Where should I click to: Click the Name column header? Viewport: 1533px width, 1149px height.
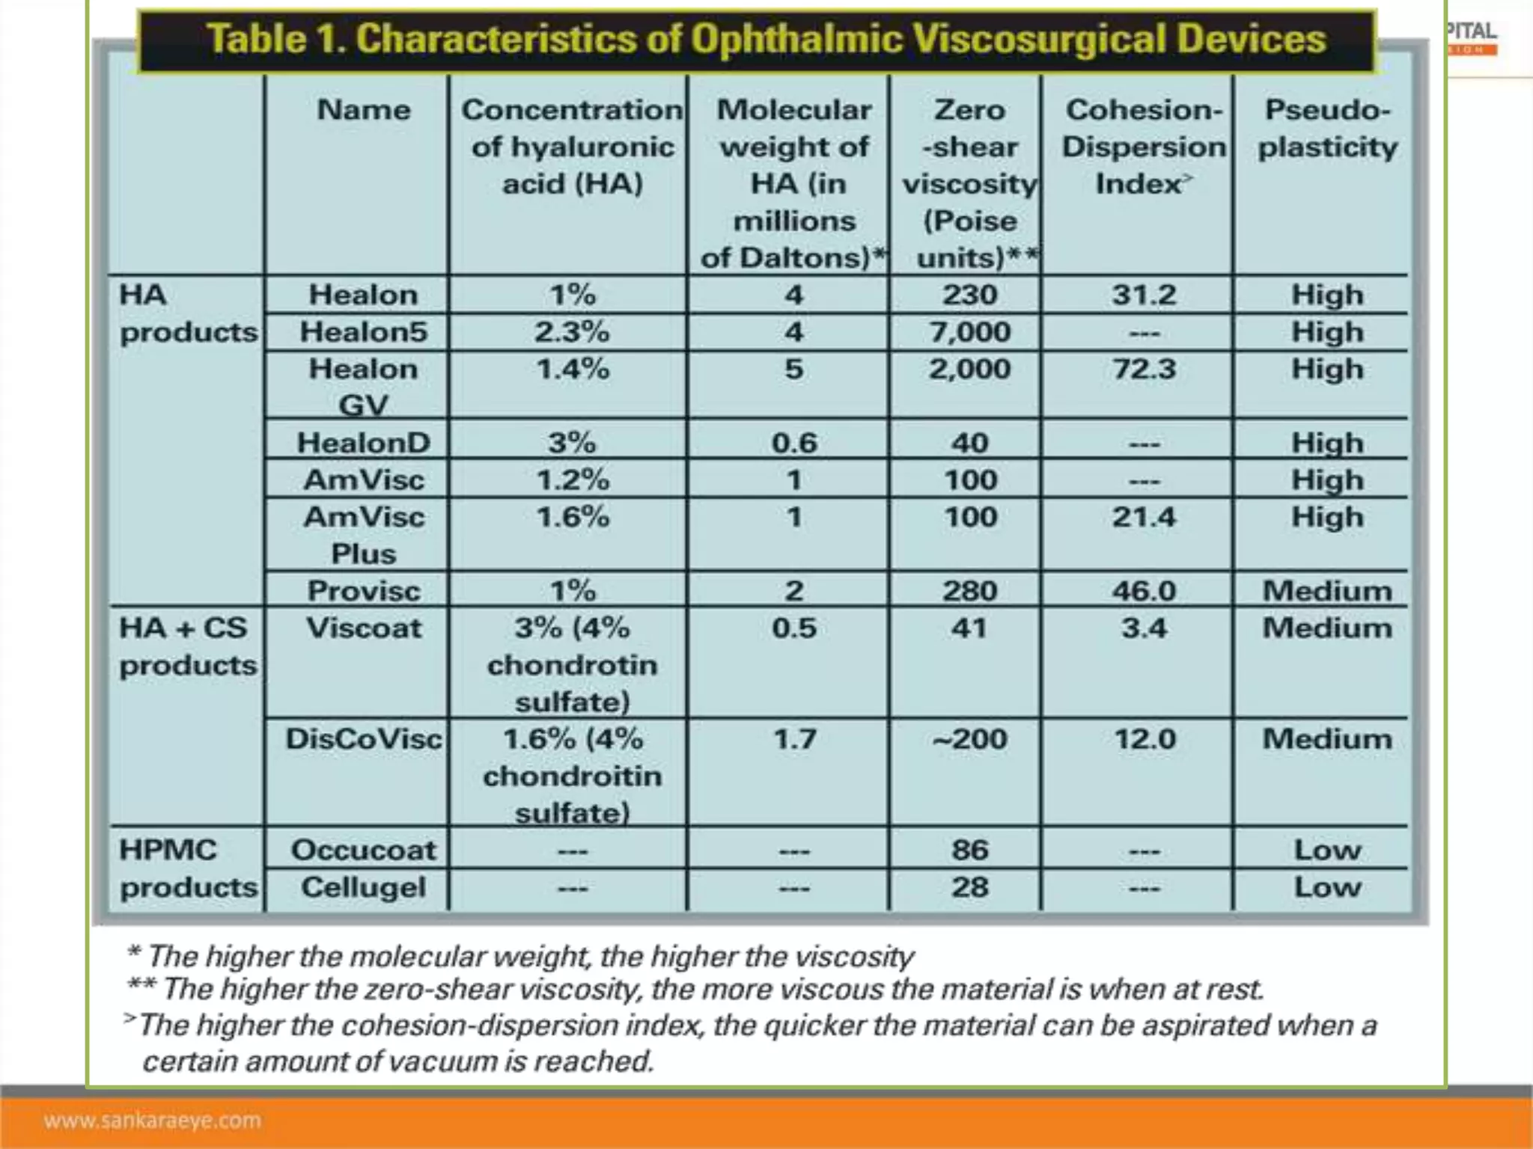click(364, 110)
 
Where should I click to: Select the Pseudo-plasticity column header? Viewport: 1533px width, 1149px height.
click(1327, 129)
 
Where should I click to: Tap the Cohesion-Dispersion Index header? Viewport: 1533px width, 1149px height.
click(1144, 147)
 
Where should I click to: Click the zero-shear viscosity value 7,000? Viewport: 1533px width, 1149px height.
click(970, 331)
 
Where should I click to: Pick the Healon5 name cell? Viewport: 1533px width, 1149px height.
click(364, 331)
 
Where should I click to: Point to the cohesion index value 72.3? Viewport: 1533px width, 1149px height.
click(1144, 369)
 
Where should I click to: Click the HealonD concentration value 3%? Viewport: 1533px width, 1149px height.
click(572, 442)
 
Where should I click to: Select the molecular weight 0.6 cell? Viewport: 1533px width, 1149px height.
click(794, 442)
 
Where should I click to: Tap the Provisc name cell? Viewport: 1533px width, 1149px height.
click(364, 590)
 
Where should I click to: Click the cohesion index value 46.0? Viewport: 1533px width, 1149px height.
click(1144, 590)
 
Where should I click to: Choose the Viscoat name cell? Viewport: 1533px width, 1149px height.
click(364, 628)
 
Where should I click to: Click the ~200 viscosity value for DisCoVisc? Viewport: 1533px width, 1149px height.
click(970, 739)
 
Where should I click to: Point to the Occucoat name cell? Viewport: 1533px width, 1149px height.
click(364, 850)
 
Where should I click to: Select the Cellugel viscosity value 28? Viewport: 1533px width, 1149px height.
click(970, 887)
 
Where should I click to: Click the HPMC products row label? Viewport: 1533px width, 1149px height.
click(188, 868)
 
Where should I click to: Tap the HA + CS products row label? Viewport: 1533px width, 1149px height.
click(188, 646)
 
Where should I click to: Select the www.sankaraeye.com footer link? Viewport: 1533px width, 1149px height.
click(153, 1120)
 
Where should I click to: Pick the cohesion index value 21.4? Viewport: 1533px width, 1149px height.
click(1144, 517)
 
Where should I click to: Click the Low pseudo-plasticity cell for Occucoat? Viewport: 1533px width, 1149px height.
click(1327, 850)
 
